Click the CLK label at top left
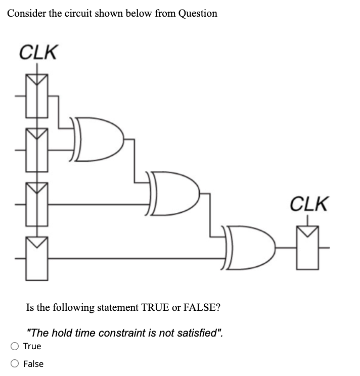click(38, 52)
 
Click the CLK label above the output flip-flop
click(309, 204)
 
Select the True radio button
click(15, 346)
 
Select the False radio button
click(15, 364)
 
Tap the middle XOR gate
click(174, 193)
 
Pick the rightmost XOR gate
click(250, 248)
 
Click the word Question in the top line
click(198, 14)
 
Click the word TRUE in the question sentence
click(156, 307)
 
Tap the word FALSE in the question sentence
click(200, 307)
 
